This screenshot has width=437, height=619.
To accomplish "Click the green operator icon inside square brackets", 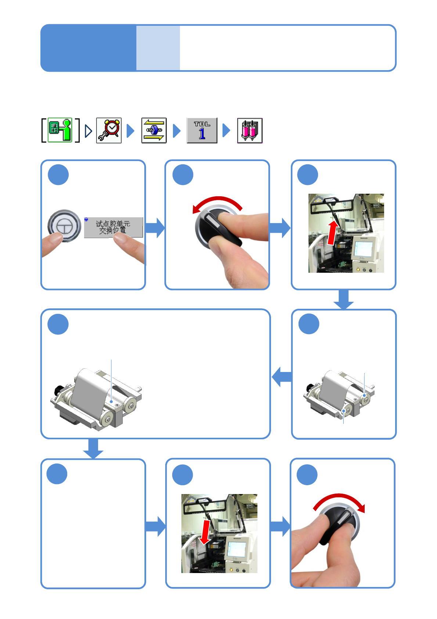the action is click(60, 130).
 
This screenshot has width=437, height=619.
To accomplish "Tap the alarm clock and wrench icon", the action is click(109, 130).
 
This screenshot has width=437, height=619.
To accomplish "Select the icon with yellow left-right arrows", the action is click(154, 130).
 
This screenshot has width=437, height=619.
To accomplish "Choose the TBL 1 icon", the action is click(202, 130).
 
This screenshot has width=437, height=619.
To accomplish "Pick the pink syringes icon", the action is click(250, 130).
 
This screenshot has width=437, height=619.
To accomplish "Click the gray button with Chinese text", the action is click(113, 227).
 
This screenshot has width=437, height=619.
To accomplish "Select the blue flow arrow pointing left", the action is click(282, 377).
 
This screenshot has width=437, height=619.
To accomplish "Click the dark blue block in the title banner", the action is click(89, 48).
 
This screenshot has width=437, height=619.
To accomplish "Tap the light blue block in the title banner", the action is click(158, 48).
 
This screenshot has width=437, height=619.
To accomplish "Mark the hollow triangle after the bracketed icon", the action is click(88, 131).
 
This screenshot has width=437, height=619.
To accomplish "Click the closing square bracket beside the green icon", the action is click(77, 130).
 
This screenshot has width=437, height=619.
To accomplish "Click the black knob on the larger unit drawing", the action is click(58, 389).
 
